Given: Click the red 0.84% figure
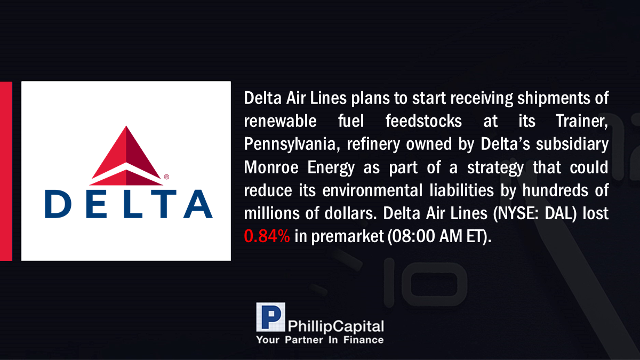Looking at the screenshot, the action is click(267, 236).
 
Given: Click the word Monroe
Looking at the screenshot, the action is click(271, 167).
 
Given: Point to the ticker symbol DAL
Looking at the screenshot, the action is click(561, 213).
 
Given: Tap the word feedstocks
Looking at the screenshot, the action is click(423, 121).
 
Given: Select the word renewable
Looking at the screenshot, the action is click(281, 121).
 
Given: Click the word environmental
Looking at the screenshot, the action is click(372, 190).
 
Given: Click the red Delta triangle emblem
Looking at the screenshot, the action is click(126, 156).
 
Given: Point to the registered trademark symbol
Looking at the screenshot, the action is click(166, 177).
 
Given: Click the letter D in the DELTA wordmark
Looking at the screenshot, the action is click(58, 204).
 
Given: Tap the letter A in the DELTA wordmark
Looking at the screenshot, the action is click(198, 204).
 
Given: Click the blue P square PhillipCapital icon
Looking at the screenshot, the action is click(270, 317).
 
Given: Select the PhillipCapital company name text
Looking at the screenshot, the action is click(335, 326).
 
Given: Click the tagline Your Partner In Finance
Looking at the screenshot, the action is click(319, 340).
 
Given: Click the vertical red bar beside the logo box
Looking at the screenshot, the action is click(6, 171).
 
